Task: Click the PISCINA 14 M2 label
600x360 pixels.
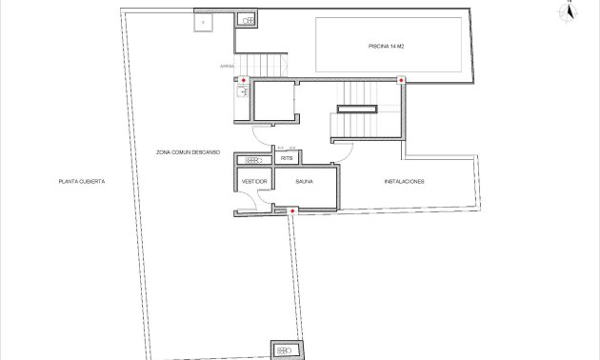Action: point(387,46)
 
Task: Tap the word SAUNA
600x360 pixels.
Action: point(305,181)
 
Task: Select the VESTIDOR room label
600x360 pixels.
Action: point(253,181)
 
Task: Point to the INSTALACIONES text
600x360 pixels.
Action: point(404,181)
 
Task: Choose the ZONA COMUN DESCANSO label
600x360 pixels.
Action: point(189,151)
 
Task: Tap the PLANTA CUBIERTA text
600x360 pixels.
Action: point(81,181)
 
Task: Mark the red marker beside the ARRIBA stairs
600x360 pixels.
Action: point(243,80)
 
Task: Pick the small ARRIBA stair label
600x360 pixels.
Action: point(226,67)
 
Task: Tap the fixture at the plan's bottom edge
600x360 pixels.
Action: point(286,350)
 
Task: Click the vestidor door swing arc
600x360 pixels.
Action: point(250,200)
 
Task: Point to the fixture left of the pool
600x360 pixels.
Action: point(248,20)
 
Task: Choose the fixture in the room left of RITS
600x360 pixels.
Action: point(253,159)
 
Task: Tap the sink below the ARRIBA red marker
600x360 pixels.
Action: point(243,92)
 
